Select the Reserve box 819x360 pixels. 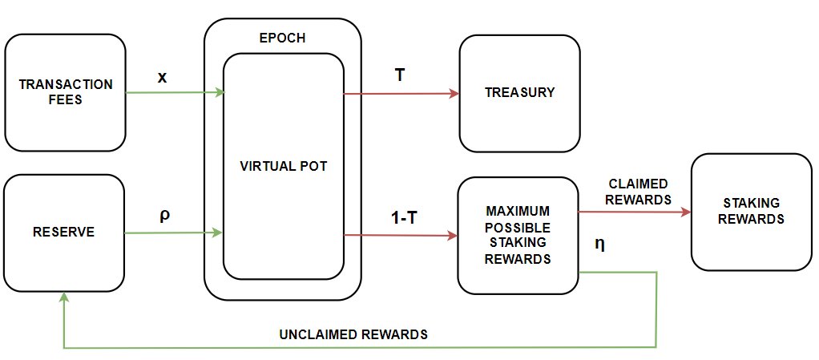point(64,233)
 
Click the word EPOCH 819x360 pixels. point(283,38)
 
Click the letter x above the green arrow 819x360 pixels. point(163,77)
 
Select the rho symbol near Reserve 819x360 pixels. point(163,216)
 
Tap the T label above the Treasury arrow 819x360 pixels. point(399,74)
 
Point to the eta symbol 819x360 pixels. point(599,244)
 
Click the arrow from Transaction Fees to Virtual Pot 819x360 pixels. point(175,93)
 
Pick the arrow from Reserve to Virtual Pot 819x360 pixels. point(173,233)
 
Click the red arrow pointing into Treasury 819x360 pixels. point(401,94)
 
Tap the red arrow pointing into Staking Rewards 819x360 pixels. point(633,212)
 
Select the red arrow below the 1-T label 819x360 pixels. point(401,236)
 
